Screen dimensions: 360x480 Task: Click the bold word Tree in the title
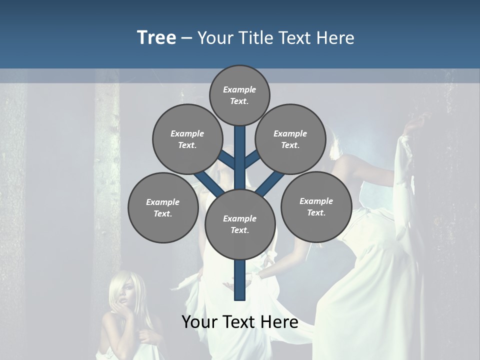tap(156, 37)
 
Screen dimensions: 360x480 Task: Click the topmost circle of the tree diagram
tap(239, 95)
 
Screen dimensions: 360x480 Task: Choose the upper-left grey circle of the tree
tap(187, 139)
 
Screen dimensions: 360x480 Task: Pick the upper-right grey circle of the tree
tap(290, 139)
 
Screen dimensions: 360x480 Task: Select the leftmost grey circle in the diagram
tap(162, 207)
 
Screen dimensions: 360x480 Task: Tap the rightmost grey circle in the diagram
tap(316, 207)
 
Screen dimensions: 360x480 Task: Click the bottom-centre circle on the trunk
tap(239, 224)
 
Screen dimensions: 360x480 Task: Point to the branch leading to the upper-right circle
tap(252, 160)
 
